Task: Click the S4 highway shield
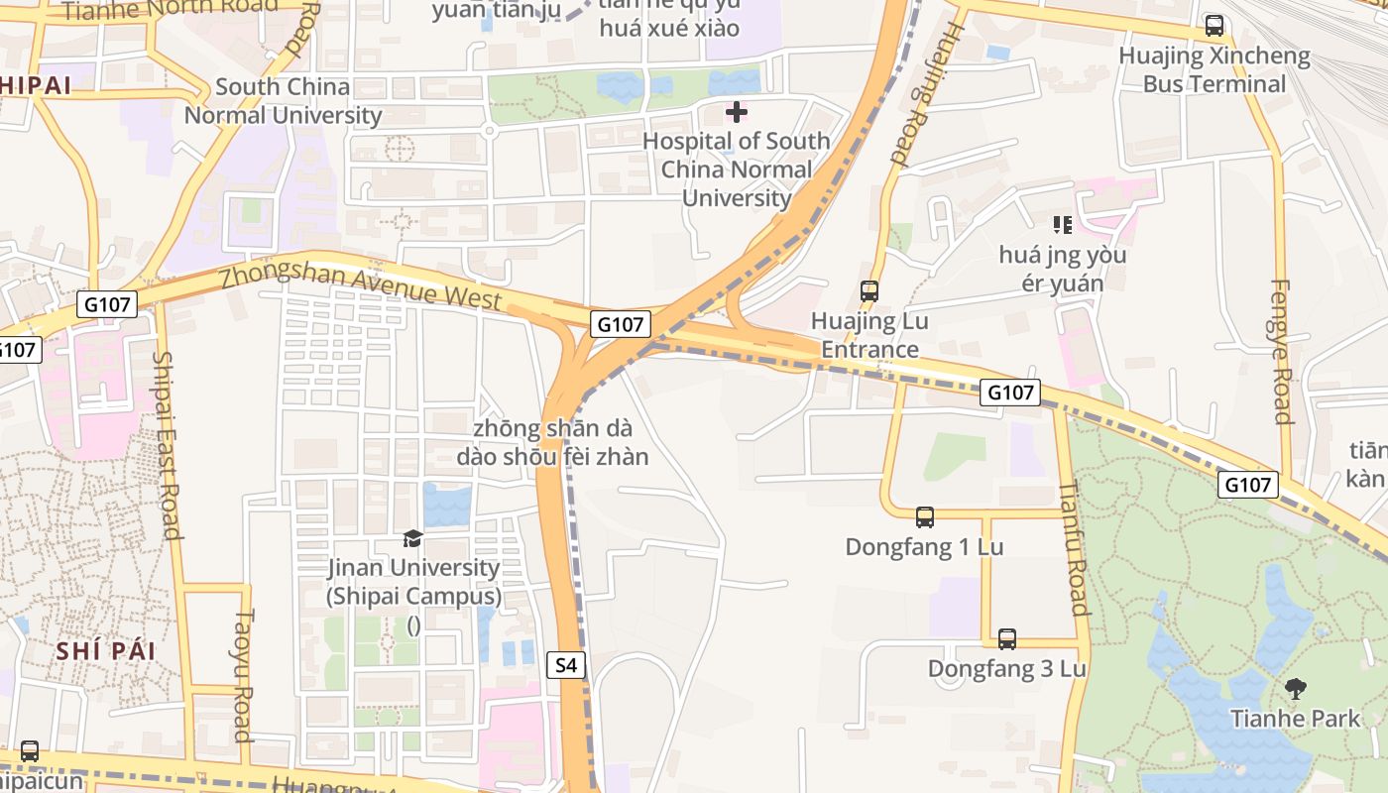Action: click(565, 665)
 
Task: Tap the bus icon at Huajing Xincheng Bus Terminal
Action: click(1214, 26)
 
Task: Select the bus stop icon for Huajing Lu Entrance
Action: click(869, 291)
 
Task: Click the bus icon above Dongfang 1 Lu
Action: click(925, 516)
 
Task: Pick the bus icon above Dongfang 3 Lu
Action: click(1007, 639)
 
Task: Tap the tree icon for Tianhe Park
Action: click(1295, 688)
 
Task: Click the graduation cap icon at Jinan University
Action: click(412, 538)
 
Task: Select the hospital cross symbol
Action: click(737, 112)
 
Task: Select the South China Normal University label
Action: click(283, 101)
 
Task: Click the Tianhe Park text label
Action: click(1295, 718)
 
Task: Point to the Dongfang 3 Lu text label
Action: click(1007, 669)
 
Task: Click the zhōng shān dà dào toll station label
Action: click(552, 443)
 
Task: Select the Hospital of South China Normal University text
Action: click(736, 170)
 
